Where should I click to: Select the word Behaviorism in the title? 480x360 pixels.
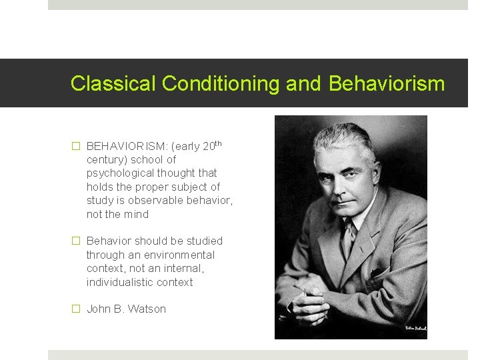(x=387, y=84)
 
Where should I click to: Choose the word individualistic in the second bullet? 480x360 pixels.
(x=119, y=282)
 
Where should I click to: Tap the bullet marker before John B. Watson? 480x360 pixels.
(x=76, y=309)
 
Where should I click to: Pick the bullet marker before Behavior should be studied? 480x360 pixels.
(x=76, y=241)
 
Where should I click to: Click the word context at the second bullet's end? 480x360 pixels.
(x=173, y=282)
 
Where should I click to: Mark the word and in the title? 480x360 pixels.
(x=303, y=84)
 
